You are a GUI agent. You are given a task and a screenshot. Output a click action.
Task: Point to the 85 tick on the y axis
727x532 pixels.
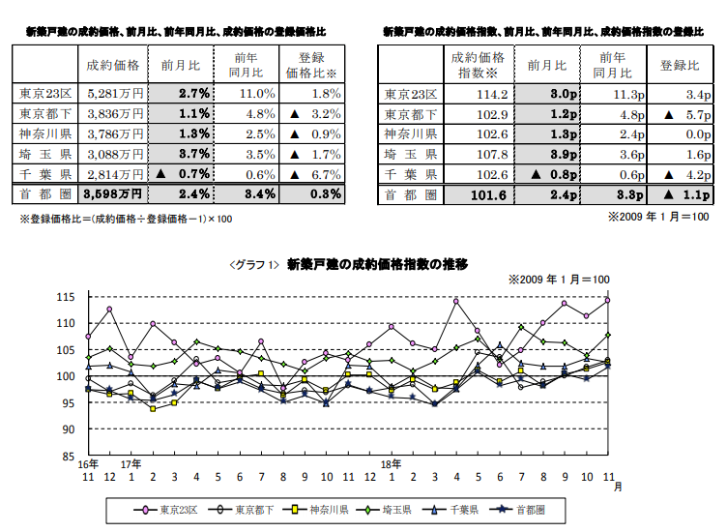pos(70,456)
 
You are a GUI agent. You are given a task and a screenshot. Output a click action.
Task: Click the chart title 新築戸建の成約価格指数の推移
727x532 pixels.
pos(378,263)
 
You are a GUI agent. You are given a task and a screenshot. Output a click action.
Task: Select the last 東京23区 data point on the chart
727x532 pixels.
pos(608,300)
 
